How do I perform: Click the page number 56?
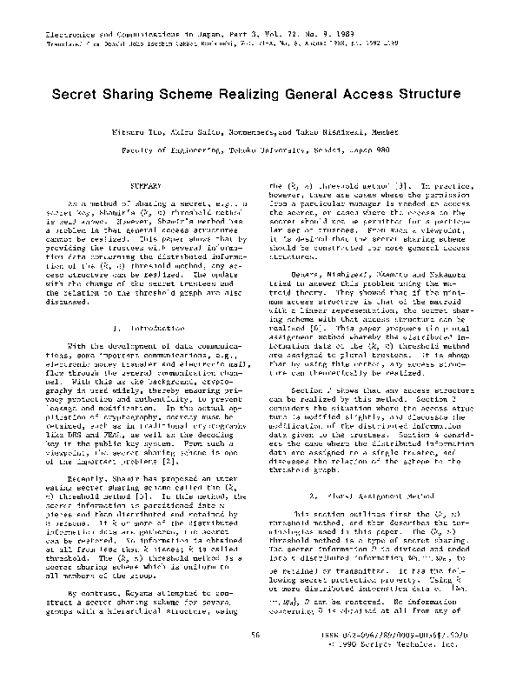click(256, 635)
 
